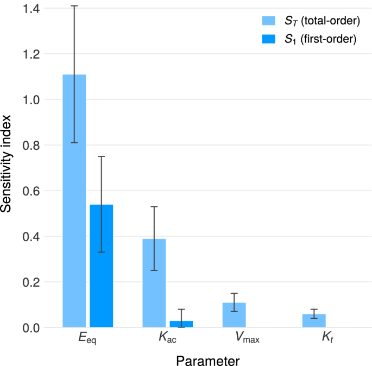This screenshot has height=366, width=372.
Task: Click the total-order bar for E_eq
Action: pyautogui.click(x=74, y=201)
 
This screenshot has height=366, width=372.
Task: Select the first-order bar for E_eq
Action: pyautogui.click(x=101, y=266)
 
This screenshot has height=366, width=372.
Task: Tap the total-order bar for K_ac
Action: pyautogui.click(x=154, y=283)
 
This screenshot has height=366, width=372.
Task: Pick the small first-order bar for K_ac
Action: pyautogui.click(x=181, y=324)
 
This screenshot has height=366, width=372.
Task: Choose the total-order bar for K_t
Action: pyautogui.click(x=314, y=320)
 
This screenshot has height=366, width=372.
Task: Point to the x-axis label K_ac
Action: pyautogui.click(x=167, y=340)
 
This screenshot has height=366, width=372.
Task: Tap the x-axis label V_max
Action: pyautogui.click(x=247, y=340)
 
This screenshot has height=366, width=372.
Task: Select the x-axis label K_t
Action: pyautogui.click(x=327, y=340)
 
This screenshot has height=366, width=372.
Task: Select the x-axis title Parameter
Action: pyautogui.click(x=207, y=359)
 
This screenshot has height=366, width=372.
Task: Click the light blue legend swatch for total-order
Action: pyautogui.click(x=269, y=21)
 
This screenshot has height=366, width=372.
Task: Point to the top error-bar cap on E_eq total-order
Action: pyautogui.click(x=74, y=6)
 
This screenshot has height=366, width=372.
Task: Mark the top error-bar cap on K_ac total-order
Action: pyautogui.click(x=154, y=206)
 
